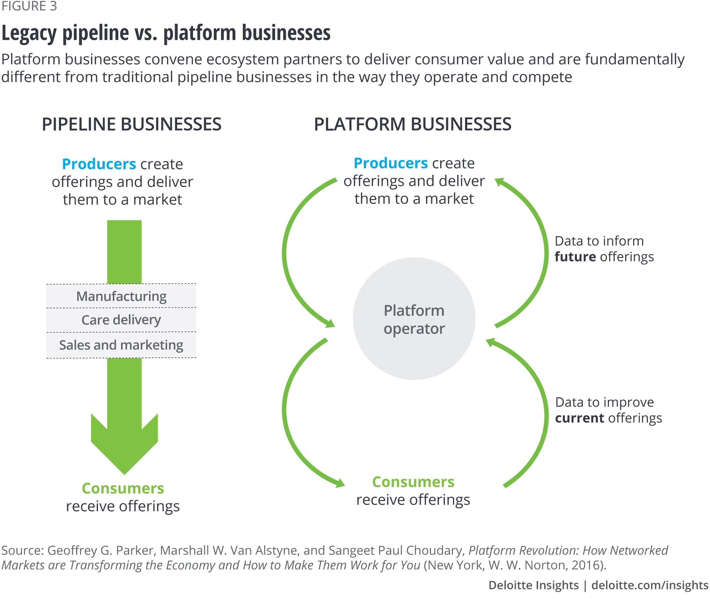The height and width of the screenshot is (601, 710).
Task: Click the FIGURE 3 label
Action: pos(29,6)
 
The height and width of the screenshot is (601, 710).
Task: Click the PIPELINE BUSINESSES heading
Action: pos(131,125)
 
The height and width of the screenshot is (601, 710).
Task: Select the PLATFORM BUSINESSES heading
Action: pos(413,125)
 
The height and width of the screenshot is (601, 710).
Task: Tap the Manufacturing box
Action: pos(121,296)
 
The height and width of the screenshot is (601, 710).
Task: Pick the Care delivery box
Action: pos(121,320)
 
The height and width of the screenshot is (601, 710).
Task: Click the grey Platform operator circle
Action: pos(414,319)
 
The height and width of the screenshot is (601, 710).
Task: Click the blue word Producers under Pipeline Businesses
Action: pos(99,164)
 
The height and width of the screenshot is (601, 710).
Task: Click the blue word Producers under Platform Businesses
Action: pos(390,164)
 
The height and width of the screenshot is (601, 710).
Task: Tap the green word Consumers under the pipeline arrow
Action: pos(123,489)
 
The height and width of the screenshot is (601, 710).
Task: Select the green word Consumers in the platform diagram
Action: pos(413,482)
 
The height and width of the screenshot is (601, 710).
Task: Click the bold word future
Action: pos(575,257)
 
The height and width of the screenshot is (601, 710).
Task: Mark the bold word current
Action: pos(579,418)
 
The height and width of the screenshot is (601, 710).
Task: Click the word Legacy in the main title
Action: pos(29,33)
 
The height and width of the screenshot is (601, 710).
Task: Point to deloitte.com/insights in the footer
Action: pos(650,585)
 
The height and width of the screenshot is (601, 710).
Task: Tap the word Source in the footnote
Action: pos(22,550)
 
